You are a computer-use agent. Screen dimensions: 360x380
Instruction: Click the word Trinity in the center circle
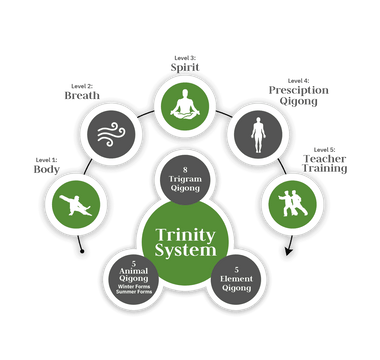pos(189,235)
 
